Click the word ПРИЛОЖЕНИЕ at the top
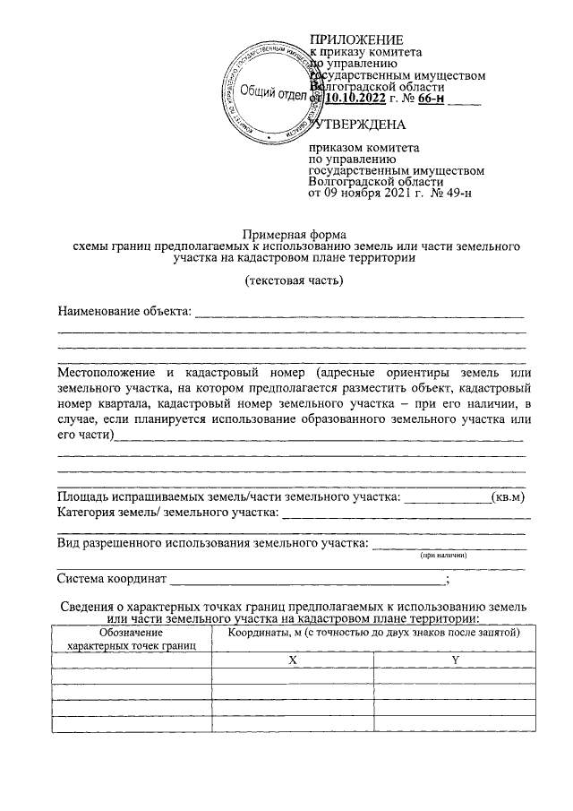point(356,39)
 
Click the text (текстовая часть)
point(294,281)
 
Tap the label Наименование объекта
point(124,312)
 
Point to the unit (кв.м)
point(509,496)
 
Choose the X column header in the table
point(292,660)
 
